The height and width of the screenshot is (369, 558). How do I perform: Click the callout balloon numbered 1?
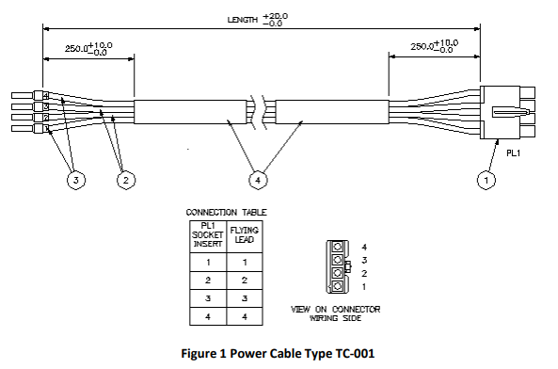pyautogui.click(x=486, y=180)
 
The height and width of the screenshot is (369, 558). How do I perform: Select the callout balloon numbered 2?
pyautogui.click(x=126, y=180)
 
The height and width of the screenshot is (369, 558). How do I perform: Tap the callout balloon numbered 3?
pyautogui.click(x=76, y=180)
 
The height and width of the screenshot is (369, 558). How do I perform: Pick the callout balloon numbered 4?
pyautogui.click(x=258, y=180)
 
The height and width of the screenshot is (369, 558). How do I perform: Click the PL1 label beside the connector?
pyautogui.click(x=513, y=153)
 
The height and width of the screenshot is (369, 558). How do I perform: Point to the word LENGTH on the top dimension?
pyautogui.click(x=243, y=20)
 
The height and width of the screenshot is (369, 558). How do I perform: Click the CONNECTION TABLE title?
pyautogui.click(x=227, y=213)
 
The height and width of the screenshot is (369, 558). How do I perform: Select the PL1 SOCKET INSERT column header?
pyautogui.click(x=208, y=234)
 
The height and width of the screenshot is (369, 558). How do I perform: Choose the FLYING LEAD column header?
pyautogui.click(x=245, y=234)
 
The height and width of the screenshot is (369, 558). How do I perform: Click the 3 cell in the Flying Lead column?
pyautogui.click(x=245, y=298)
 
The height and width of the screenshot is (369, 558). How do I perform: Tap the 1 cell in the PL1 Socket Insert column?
pyautogui.click(x=208, y=263)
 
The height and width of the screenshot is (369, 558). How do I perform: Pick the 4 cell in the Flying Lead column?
pyautogui.click(x=245, y=316)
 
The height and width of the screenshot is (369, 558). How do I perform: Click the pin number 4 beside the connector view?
pyautogui.click(x=364, y=247)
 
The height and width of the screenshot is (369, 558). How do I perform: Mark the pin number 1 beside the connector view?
pyautogui.click(x=364, y=286)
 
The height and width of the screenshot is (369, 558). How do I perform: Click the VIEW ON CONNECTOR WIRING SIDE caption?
pyautogui.click(x=336, y=313)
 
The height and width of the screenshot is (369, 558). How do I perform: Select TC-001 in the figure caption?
pyautogui.click(x=355, y=353)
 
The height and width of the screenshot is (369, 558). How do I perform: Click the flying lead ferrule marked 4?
pyautogui.click(x=41, y=95)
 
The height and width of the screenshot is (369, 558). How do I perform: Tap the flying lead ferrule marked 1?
pyautogui.click(x=41, y=128)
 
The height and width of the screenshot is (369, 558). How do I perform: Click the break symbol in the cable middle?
pyautogui.click(x=259, y=112)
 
